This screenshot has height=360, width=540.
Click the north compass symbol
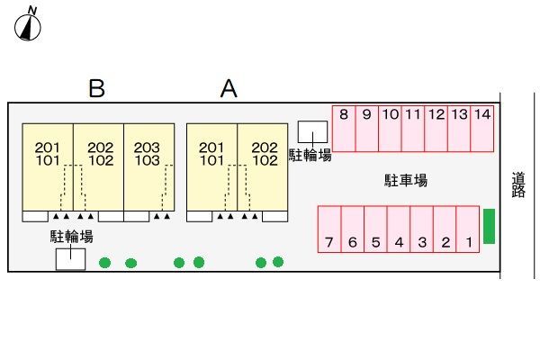(28, 27)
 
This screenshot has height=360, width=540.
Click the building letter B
(96, 88)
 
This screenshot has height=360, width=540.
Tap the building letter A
(229, 88)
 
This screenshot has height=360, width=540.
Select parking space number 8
(344, 129)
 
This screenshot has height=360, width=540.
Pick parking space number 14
(482, 129)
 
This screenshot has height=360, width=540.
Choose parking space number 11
(413, 129)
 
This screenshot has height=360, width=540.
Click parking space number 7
(329, 229)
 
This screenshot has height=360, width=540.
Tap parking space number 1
(468, 229)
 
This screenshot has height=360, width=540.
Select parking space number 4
(399, 229)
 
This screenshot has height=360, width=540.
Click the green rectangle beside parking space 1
(489, 226)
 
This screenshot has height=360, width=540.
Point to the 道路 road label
(518, 184)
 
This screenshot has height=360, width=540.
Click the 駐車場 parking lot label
(406, 181)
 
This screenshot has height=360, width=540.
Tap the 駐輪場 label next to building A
(310, 156)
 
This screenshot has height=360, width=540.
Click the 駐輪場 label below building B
(72, 237)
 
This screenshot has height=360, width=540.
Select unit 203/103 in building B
(149, 167)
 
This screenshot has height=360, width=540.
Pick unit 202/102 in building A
(263, 167)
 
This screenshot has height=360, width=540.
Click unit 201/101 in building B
(48, 167)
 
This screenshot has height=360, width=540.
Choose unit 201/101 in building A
(211, 167)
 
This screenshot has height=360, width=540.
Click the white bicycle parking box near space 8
(312, 131)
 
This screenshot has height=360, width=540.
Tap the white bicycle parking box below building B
(70, 259)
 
